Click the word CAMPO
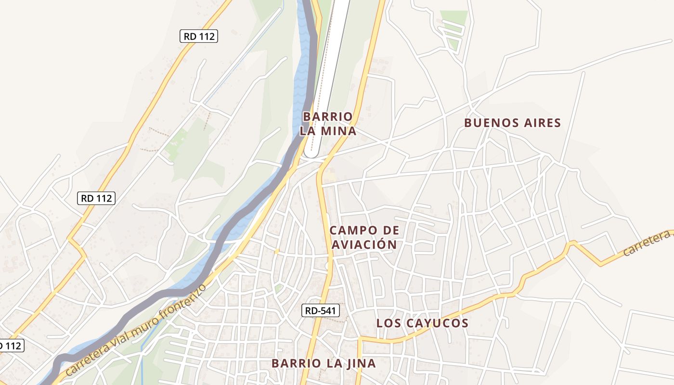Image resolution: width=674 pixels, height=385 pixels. coord(350,231)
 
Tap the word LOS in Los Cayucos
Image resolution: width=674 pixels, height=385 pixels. coord(389,323)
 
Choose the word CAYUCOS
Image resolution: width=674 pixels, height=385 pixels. coord(438,323)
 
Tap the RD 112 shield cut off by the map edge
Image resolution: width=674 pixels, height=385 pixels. coord(11,346)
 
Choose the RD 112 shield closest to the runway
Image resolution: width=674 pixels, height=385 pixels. coord(199,36)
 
